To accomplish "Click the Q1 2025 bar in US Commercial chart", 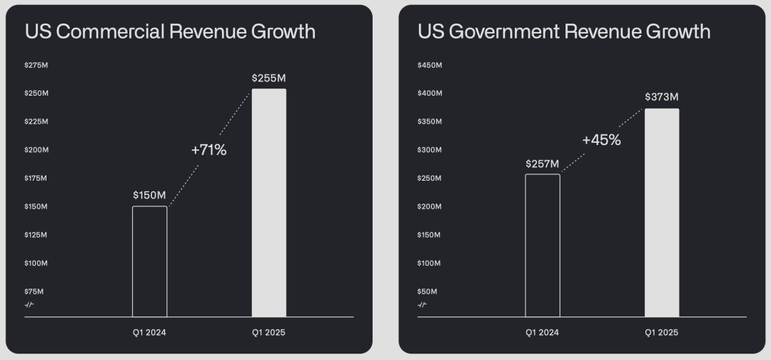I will [x=269, y=203].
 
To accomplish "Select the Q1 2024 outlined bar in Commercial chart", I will [x=150, y=261].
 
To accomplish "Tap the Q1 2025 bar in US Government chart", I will [x=662, y=213].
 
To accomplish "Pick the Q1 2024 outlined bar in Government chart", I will [x=543, y=245].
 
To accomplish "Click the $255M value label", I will [x=268, y=78].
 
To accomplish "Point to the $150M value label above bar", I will [x=150, y=195].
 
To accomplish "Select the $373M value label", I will [x=662, y=97].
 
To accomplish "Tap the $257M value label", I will [x=543, y=164].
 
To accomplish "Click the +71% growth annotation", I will [x=208, y=150].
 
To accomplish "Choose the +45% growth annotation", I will [x=601, y=140].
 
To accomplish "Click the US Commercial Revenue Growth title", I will [x=170, y=31].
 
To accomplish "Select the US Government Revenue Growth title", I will [x=564, y=31].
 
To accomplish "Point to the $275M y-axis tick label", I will [x=36, y=65].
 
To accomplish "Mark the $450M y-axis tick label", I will [x=430, y=65].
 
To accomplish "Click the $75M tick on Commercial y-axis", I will [x=34, y=291].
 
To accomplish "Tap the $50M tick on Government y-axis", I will [x=428, y=291].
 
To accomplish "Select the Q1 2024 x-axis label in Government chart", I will [x=543, y=332].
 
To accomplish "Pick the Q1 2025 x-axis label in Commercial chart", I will [x=268, y=332].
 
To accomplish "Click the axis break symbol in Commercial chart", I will [x=29, y=305].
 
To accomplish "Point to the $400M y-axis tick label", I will [x=430, y=94].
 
